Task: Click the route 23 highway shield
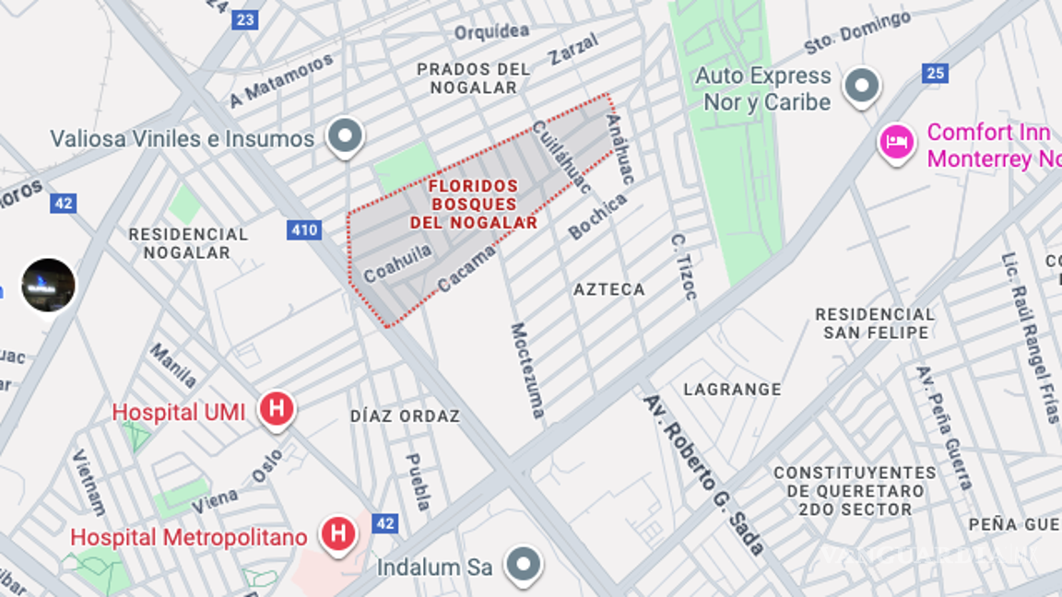(x=245, y=19)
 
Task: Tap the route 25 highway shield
(x=935, y=74)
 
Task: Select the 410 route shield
(x=303, y=230)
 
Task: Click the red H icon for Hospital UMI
(x=277, y=408)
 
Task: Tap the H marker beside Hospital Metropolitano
(x=338, y=533)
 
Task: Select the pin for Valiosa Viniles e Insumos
(x=347, y=135)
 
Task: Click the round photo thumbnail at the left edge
(x=48, y=285)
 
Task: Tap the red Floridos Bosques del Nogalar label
(x=474, y=204)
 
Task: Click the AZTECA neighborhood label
(x=609, y=289)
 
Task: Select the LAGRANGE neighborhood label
(x=733, y=390)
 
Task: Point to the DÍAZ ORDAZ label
(x=405, y=416)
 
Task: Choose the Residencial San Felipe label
(x=875, y=323)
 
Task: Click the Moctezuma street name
(x=527, y=370)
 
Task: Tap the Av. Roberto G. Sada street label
(x=704, y=474)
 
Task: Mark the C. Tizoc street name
(x=684, y=266)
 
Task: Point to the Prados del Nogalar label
(x=474, y=78)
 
